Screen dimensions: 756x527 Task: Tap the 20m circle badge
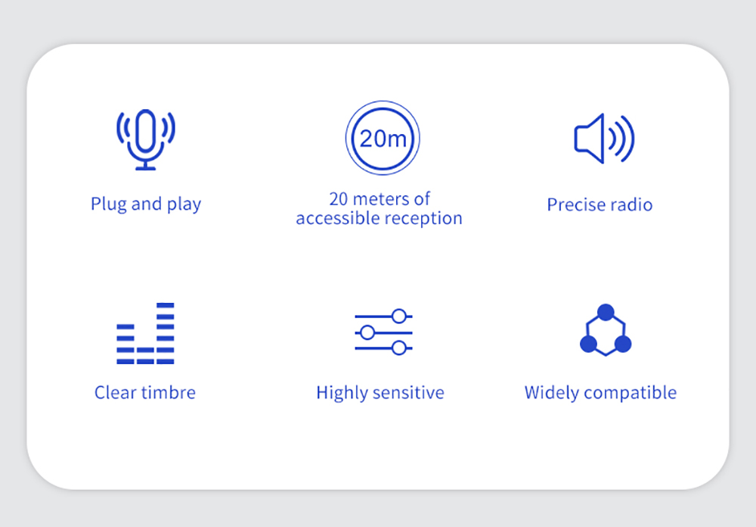(383, 138)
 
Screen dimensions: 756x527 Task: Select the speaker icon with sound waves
(604, 139)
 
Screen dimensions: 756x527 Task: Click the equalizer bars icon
(145, 333)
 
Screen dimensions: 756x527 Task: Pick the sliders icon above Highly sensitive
(384, 332)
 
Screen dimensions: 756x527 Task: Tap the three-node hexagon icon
(606, 330)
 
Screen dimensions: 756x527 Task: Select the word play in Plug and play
(184, 204)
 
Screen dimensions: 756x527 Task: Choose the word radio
(631, 204)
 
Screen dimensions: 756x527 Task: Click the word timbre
(169, 393)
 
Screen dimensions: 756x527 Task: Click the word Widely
(551, 393)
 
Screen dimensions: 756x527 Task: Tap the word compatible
(631, 393)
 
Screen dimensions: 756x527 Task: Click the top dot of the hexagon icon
(606, 312)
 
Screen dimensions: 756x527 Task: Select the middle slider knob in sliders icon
(367, 332)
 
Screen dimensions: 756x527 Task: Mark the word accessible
(338, 219)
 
